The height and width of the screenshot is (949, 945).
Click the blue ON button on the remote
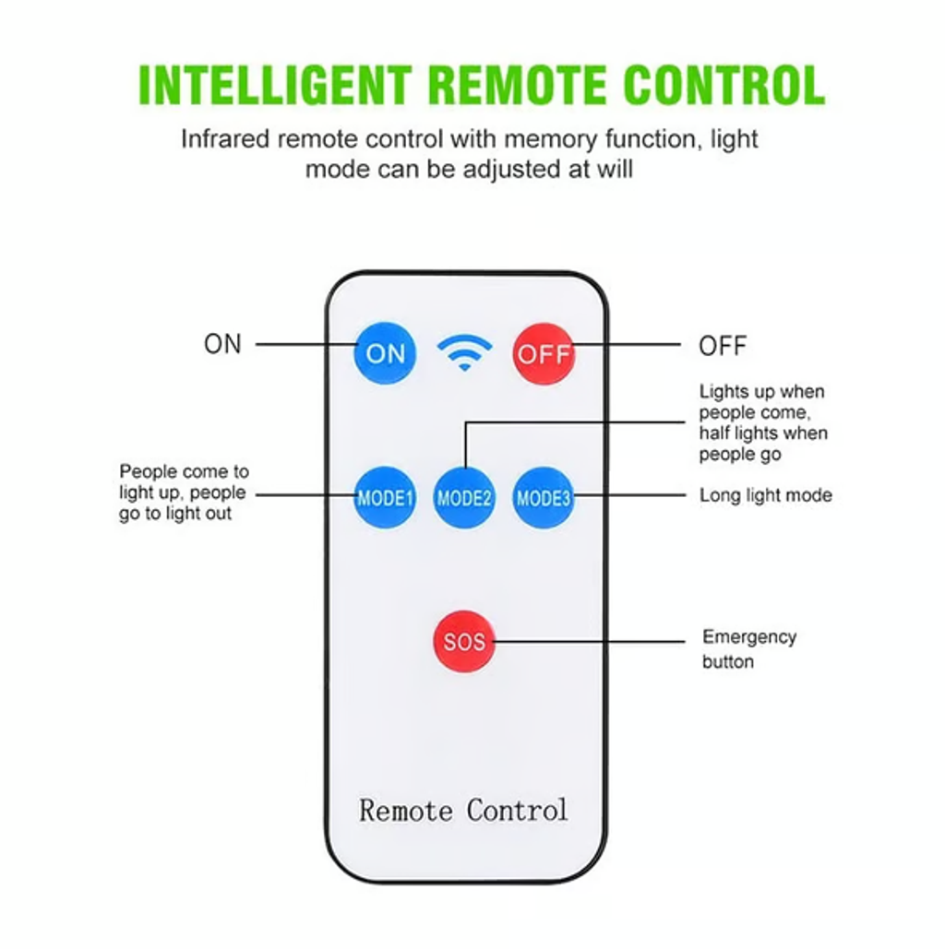click(x=385, y=352)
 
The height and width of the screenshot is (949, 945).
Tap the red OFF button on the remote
click(x=544, y=353)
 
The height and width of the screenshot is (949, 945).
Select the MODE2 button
click(x=464, y=499)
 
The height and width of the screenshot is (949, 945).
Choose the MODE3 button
click(x=544, y=499)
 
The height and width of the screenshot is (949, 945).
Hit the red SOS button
click(x=464, y=641)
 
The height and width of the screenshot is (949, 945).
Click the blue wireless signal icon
click(x=464, y=351)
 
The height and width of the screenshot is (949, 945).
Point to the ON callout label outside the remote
click(x=222, y=344)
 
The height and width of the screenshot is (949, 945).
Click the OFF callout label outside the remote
click(x=723, y=347)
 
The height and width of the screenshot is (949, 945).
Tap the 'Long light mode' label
click(x=765, y=495)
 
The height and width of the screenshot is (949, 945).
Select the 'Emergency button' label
click(x=748, y=649)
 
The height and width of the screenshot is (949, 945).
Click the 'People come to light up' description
click(x=184, y=492)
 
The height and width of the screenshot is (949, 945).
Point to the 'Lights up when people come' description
click(x=762, y=422)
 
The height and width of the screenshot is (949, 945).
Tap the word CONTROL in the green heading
click(x=723, y=85)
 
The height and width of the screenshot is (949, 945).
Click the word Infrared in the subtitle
click(x=224, y=139)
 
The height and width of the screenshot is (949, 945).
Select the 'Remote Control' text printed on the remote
click(x=463, y=811)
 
